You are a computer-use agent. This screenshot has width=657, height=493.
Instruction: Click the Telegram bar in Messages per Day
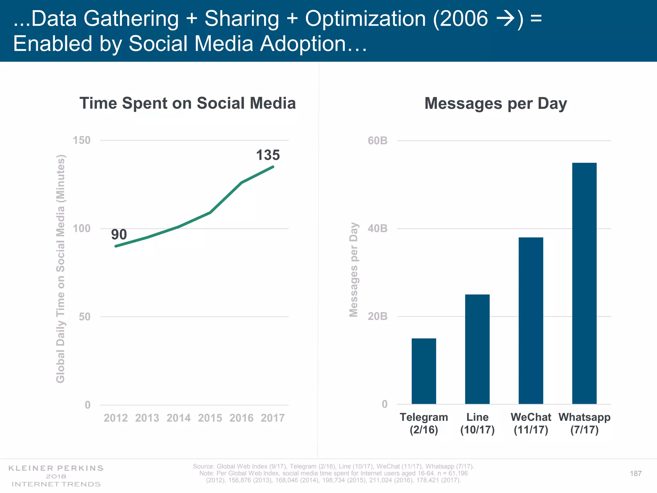[424, 371]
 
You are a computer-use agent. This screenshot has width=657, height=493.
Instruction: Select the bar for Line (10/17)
[477, 349]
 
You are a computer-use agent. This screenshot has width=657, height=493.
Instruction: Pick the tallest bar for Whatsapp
[584, 283]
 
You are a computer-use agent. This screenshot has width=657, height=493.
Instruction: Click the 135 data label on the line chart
[268, 155]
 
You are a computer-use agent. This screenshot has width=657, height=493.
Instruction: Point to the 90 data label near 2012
[119, 235]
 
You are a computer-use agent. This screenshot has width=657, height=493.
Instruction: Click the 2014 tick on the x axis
[178, 418]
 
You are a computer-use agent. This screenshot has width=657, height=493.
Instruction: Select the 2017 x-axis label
[273, 418]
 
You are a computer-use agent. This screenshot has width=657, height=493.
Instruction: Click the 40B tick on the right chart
[378, 229]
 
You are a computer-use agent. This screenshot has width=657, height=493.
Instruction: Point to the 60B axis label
[378, 141]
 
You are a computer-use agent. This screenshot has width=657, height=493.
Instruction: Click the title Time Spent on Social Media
[188, 103]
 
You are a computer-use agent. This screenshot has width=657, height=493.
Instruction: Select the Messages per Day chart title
[496, 104]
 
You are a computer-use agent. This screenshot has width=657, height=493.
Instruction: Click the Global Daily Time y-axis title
[61, 269]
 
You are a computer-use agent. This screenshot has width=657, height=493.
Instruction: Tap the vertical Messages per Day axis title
[354, 270]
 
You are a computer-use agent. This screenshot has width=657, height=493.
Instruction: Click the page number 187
[636, 473]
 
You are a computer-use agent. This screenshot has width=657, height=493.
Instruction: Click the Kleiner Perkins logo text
[56, 468]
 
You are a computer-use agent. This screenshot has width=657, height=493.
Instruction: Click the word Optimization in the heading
[365, 19]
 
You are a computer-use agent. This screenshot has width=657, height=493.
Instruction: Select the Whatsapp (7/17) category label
[584, 423]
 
